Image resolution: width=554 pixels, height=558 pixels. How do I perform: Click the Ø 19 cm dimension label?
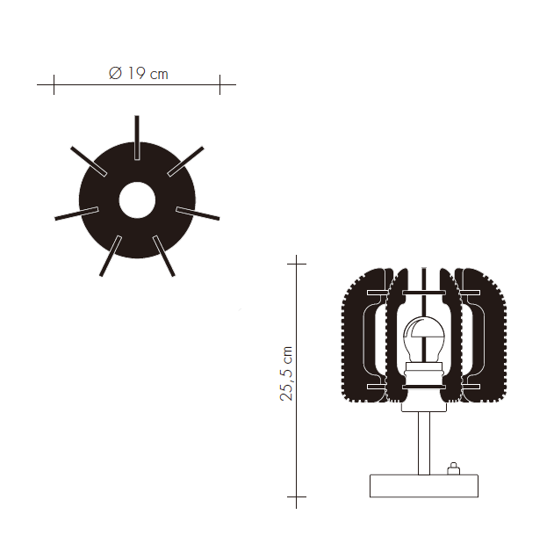tap(139, 73)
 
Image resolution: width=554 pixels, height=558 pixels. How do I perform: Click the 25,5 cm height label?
tap(286, 373)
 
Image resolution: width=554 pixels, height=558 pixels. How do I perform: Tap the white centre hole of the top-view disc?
tap(137, 200)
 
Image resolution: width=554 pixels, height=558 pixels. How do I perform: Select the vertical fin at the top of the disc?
tap(137, 137)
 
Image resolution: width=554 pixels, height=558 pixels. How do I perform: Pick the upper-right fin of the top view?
tap(185, 161)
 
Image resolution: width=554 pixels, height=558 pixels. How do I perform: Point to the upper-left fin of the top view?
tap(89, 161)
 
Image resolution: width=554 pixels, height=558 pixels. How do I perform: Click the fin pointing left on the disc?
tap(76, 214)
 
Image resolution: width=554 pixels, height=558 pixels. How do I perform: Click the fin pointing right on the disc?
tap(198, 214)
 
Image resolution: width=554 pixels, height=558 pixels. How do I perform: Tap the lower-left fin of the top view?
tap(111, 256)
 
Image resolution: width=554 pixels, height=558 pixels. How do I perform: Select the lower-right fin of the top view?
tap(163, 256)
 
